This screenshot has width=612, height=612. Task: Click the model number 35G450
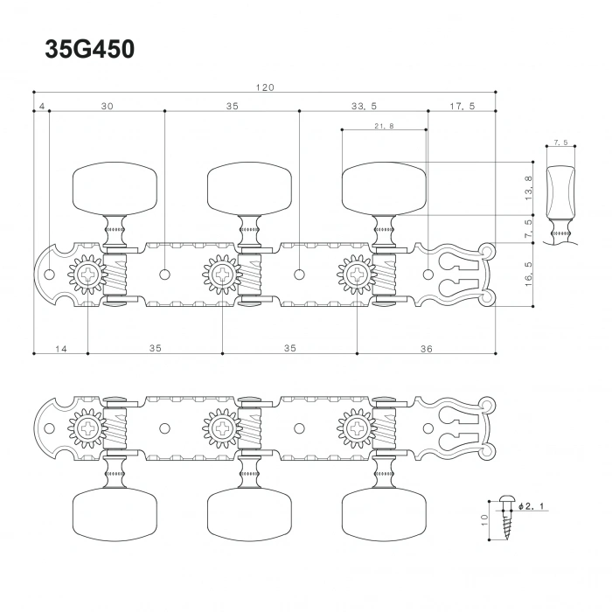[89, 50]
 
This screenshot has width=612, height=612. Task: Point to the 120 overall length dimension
[265, 87]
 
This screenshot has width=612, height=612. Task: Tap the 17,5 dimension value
[462, 106]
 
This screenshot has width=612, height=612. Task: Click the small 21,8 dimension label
[383, 126]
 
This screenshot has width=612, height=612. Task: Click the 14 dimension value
[60, 348]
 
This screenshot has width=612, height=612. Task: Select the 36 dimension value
[426, 348]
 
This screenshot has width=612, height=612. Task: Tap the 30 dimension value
[107, 106]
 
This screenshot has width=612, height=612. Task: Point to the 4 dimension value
[41, 106]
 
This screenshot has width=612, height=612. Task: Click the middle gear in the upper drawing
[221, 275]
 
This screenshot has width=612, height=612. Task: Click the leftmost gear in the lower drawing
[87, 428]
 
